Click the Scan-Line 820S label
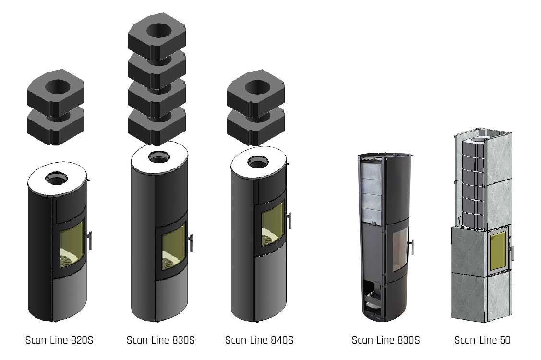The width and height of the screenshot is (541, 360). click(60, 340)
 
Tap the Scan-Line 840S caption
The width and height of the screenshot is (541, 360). click(259, 340)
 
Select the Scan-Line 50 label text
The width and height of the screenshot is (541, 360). click(482, 340)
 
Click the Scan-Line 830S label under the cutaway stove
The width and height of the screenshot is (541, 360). click(386, 340)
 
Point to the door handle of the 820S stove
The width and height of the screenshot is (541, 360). click(90, 240)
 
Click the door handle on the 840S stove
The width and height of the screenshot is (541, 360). click(289, 220)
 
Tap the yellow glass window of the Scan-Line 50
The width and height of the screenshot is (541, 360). click(498, 251)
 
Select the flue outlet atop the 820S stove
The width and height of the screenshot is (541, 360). click(57, 179)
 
